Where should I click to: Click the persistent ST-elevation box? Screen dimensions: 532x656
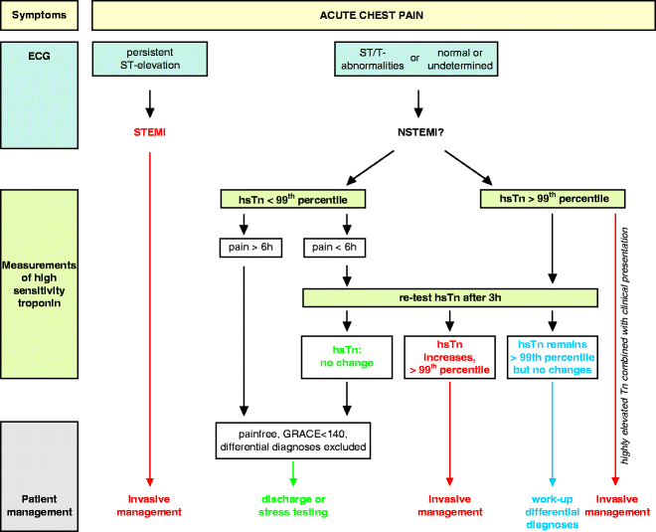pyautogui.click(x=149, y=59)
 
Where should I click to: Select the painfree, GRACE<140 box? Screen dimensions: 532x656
pyautogui.click(x=294, y=438)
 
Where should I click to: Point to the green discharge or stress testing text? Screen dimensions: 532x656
pyautogui.click(x=294, y=506)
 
